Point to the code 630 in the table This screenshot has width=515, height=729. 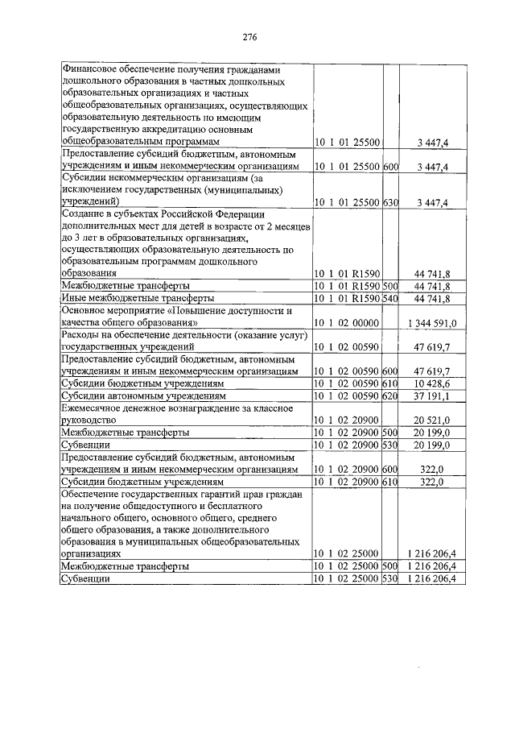click(x=391, y=202)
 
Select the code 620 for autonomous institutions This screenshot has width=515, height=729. click(x=391, y=397)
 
